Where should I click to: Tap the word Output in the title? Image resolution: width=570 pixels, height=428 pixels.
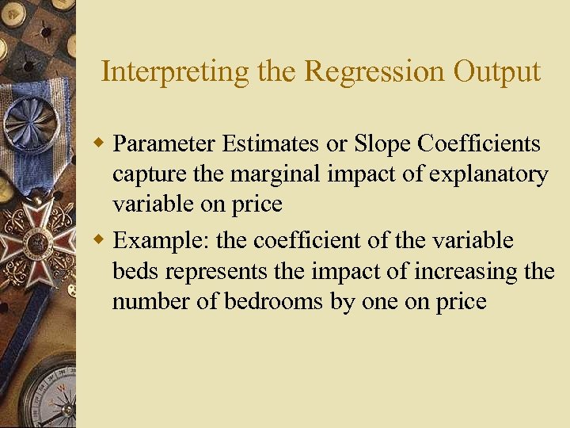click(x=496, y=71)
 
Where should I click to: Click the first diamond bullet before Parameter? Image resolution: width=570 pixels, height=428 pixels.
click(x=99, y=143)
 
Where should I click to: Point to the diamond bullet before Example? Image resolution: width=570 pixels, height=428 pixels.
click(x=99, y=239)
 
